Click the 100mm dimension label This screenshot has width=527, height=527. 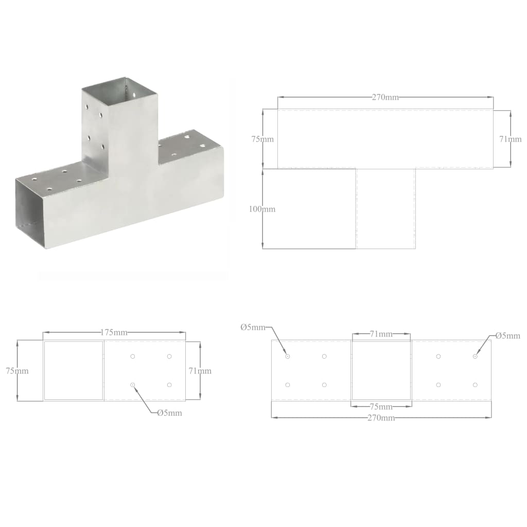coord(262,209)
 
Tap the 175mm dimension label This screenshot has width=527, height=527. coord(114,332)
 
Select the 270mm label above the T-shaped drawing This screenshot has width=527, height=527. coord(385,97)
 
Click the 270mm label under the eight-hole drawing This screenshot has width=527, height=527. coord(381,417)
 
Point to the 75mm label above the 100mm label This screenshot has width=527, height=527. coord(262,139)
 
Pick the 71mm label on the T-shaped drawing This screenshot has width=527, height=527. coord(511,139)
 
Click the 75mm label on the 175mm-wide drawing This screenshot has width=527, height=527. coord(17,371)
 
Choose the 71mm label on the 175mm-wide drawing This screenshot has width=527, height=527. coord(200,371)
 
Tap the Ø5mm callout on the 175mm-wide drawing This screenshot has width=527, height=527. coord(169,412)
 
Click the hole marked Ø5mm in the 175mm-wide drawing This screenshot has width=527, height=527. coord(133,384)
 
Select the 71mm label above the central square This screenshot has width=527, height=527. coord(381,334)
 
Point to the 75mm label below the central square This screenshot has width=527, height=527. coord(381,406)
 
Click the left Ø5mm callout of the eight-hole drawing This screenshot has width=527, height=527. coord(253,327)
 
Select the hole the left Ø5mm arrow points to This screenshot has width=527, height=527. coord(288,356)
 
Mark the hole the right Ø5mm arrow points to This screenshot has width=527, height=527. coord(475,356)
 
